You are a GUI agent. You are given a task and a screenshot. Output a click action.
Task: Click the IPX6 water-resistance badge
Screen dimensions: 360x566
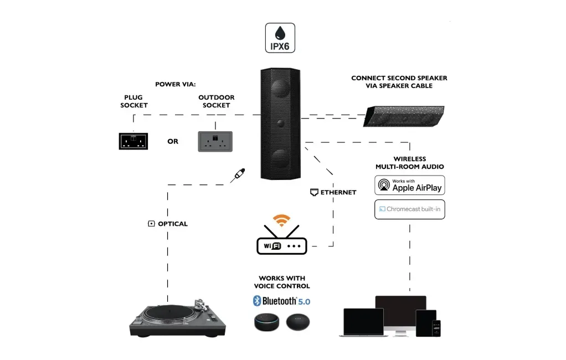pos(280,38)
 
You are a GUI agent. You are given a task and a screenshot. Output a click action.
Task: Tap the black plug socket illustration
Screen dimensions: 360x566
pos(133,141)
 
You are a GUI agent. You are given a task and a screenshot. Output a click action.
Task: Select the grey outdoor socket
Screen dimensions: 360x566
pos(215,141)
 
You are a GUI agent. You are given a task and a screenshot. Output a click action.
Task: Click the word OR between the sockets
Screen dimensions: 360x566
pos(173,141)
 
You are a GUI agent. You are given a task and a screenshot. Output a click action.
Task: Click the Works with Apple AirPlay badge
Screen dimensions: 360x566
pos(409,184)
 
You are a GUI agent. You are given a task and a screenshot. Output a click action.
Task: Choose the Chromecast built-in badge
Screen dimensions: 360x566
pos(409,209)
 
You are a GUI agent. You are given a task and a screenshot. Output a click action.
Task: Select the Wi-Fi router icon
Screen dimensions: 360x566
pos(281,243)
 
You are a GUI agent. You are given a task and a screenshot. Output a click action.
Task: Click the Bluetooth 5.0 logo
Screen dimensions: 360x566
pos(281,301)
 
